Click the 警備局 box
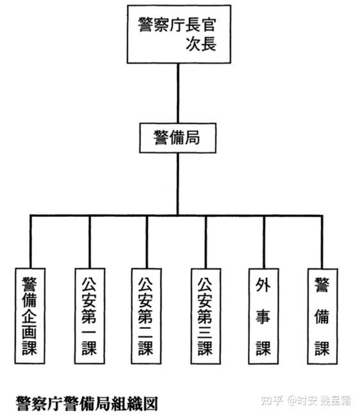click(x=177, y=138)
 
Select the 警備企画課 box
click(x=29, y=316)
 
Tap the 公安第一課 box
click(x=90, y=316)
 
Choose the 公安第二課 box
click(x=146, y=316)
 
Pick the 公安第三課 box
click(x=206, y=316)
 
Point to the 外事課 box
click(x=264, y=316)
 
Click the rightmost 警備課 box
click(x=323, y=316)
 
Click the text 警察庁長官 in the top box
click(x=177, y=25)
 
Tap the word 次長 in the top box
click(x=201, y=44)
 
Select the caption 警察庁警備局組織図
click(x=87, y=404)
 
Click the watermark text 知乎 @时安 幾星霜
click(x=306, y=401)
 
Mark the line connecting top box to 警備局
click(x=178, y=93)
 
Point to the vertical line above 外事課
click(x=264, y=242)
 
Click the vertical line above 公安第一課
click(x=90, y=242)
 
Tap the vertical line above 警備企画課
click(x=31, y=242)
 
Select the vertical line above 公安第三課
click(x=206, y=242)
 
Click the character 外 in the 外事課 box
click(x=263, y=285)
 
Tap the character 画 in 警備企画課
click(x=29, y=332)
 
